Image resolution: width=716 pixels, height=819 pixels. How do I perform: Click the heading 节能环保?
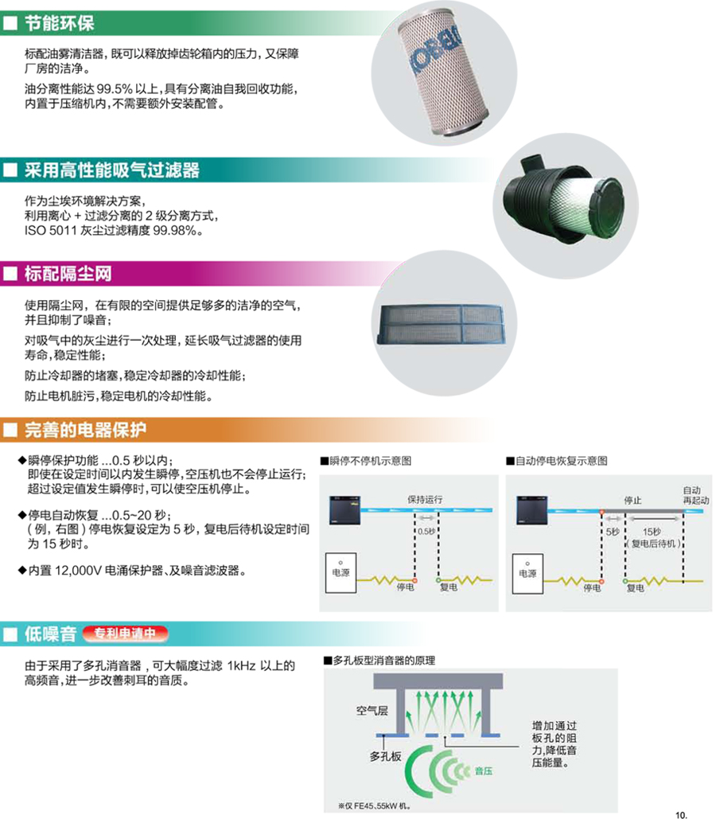(x=59, y=23)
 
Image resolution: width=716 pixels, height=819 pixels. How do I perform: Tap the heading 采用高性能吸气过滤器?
(x=111, y=170)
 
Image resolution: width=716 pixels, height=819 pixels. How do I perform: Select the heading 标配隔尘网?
(x=68, y=274)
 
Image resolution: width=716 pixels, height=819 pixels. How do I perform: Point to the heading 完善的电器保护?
(x=85, y=430)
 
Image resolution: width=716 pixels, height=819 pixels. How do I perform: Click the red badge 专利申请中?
(x=126, y=634)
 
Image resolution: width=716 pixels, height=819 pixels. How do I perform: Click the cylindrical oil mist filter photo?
(x=443, y=73)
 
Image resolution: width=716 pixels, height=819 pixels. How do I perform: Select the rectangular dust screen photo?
(x=443, y=325)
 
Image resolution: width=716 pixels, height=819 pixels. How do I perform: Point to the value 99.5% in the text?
(x=115, y=89)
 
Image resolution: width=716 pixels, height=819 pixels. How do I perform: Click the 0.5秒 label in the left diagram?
(x=426, y=531)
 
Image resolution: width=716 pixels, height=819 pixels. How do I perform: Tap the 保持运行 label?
(x=425, y=499)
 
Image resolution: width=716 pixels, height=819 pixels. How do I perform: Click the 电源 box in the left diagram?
(x=341, y=572)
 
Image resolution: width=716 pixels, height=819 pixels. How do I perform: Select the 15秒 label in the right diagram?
(x=652, y=532)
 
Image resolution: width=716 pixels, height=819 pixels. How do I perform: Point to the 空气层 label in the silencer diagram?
(x=372, y=710)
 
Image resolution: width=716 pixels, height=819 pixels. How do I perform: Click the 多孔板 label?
(x=385, y=756)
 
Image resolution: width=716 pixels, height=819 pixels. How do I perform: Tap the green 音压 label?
(x=484, y=771)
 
